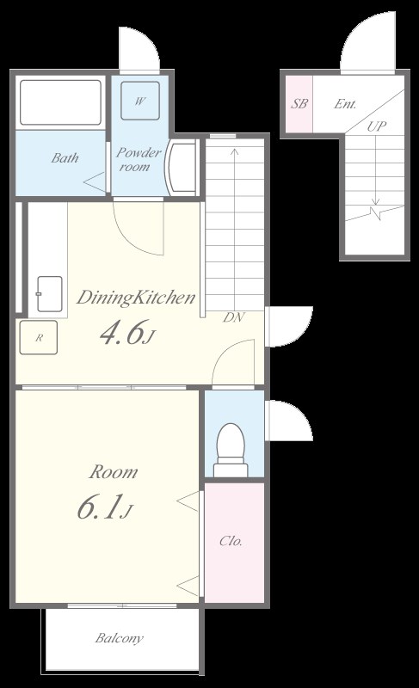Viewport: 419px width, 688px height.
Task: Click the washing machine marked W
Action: [x=140, y=101]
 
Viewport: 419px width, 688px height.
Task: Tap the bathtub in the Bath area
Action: [x=60, y=102]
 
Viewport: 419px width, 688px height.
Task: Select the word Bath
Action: [x=65, y=157]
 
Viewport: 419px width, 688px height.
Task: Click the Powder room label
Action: [x=139, y=159]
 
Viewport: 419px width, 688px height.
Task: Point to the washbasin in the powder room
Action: [x=182, y=167]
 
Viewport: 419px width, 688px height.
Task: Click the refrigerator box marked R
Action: [x=39, y=337]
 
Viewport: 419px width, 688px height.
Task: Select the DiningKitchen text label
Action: [x=136, y=298]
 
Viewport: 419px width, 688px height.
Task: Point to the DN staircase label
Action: [x=234, y=317]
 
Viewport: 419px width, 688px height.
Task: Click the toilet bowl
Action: [x=231, y=448]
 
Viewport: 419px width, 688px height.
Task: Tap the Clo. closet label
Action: [x=231, y=542]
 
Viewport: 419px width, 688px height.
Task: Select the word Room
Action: [x=114, y=472]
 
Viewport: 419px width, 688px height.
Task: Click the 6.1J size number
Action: [x=105, y=507]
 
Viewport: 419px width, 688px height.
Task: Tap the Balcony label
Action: [x=120, y=638]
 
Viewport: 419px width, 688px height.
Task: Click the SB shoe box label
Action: [x=299, y=104]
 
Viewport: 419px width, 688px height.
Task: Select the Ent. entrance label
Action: [x=345, y=104]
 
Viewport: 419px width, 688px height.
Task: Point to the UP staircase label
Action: [x=377, y=126]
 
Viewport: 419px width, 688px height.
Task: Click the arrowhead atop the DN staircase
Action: [x=235, y=152]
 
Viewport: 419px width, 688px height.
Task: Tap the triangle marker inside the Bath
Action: [x=95, y=181]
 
